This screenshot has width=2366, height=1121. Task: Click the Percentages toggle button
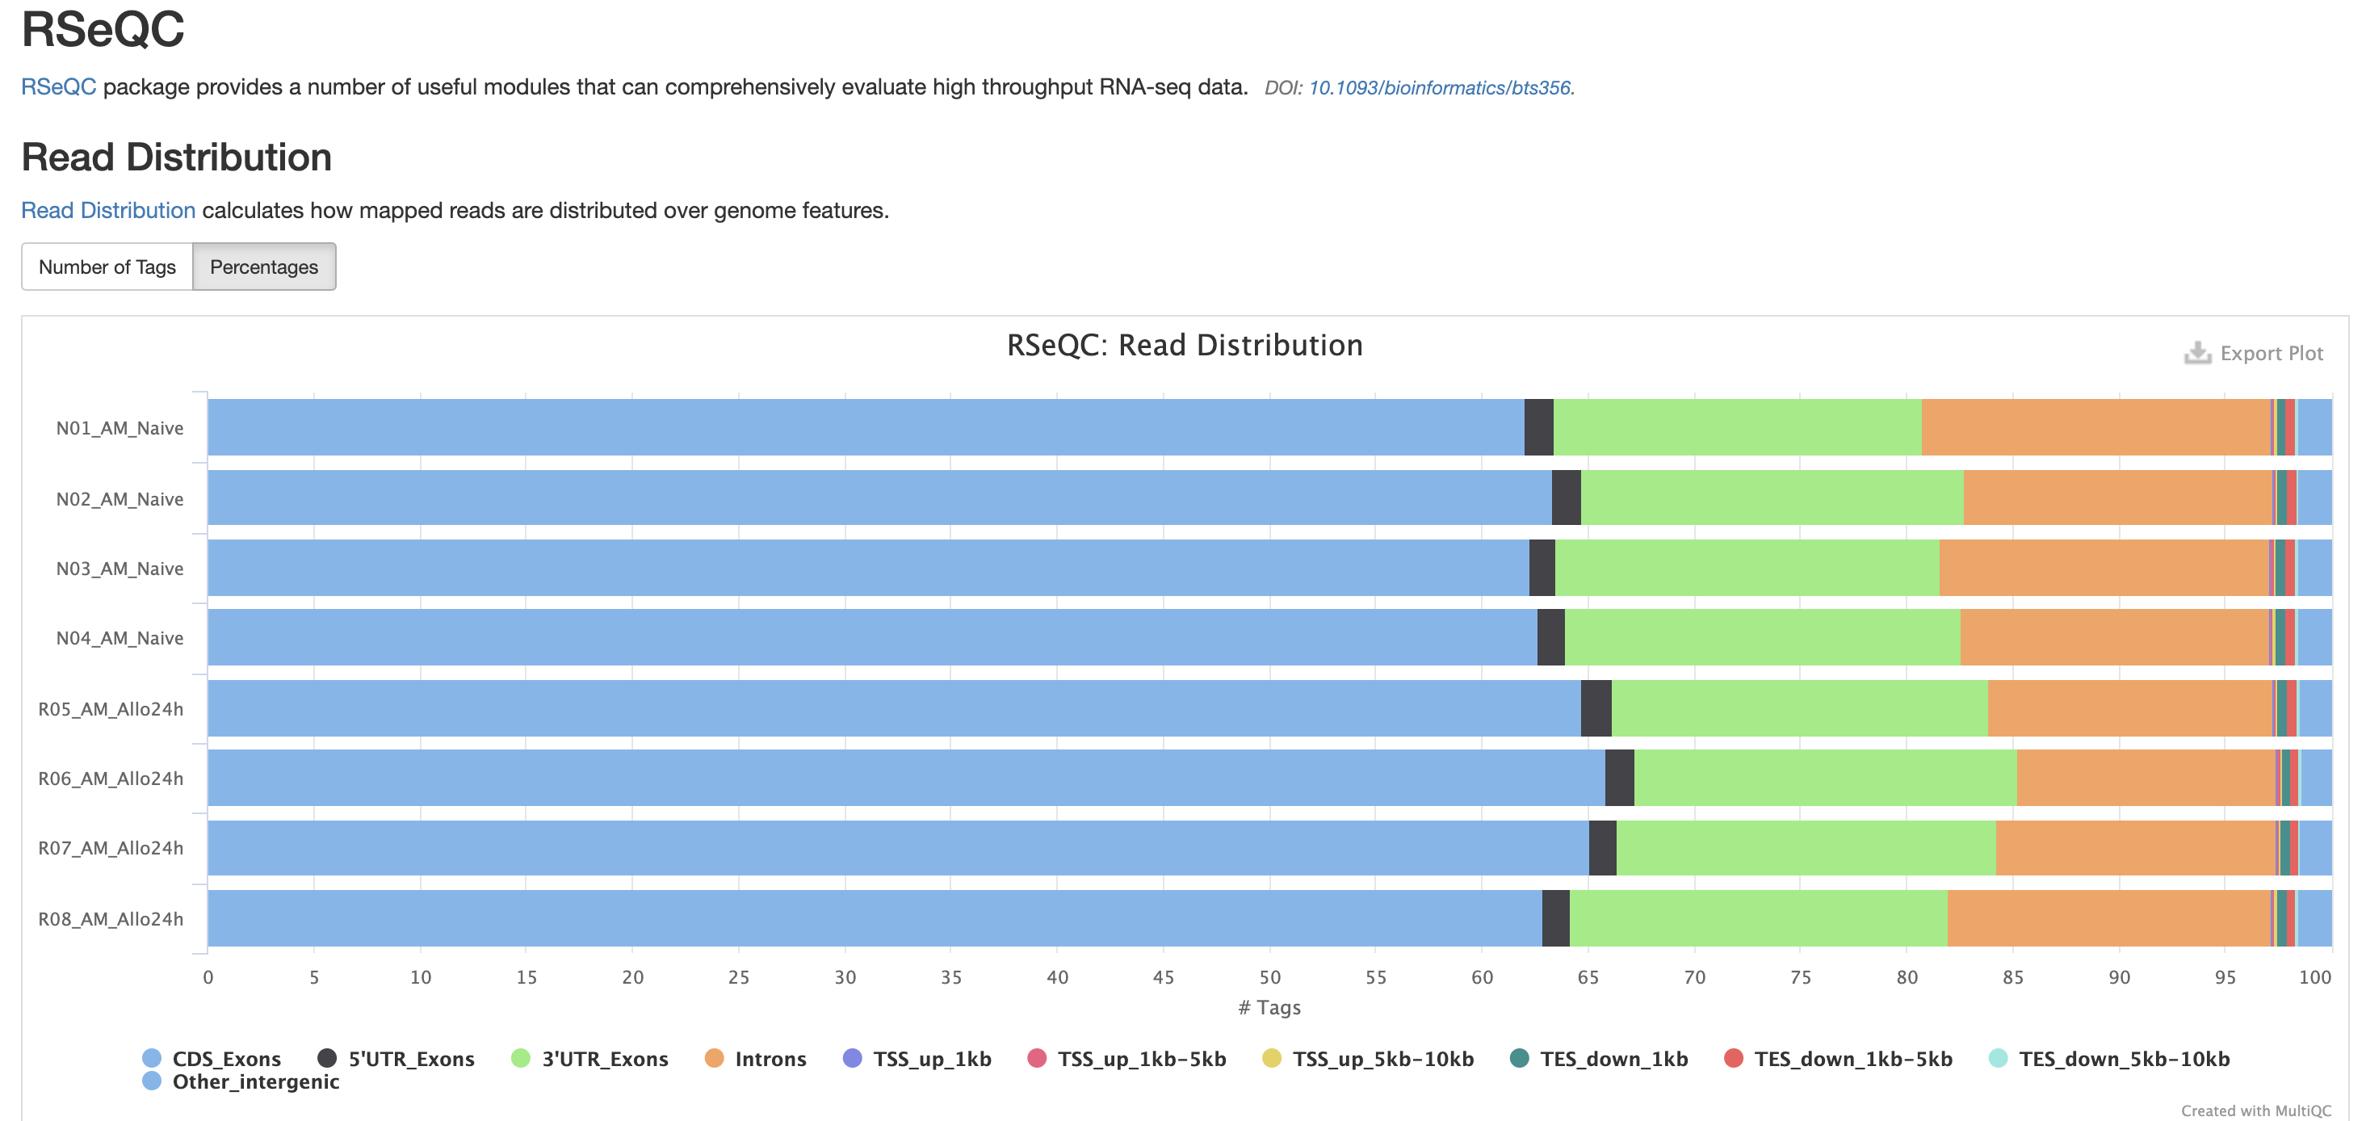263,267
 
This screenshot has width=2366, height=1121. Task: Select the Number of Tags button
107,267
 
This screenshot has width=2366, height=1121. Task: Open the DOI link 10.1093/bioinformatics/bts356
1439,87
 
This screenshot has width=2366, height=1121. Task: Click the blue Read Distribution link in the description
108,211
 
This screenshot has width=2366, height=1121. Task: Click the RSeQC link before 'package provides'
58,86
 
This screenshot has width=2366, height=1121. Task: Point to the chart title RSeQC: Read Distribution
1184,346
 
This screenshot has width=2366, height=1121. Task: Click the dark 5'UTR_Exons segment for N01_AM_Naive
1538,427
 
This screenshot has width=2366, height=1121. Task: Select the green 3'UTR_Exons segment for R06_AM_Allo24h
1825,779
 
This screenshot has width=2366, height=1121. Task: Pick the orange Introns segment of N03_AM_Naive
2104,568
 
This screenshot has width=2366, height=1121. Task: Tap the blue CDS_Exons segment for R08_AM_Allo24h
873,918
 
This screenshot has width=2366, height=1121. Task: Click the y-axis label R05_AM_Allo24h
110,708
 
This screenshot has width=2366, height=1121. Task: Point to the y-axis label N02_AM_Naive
120,499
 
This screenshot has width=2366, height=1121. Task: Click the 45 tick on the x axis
1163,976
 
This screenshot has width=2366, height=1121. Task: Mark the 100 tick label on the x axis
2314,976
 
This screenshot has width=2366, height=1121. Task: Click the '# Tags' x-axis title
1269,1007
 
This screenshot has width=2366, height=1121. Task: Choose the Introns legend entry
770,1059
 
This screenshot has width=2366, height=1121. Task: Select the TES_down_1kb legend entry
1613,1059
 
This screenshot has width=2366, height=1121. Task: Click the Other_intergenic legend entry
255,1081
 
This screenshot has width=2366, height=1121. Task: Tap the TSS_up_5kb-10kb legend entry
1382,1059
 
